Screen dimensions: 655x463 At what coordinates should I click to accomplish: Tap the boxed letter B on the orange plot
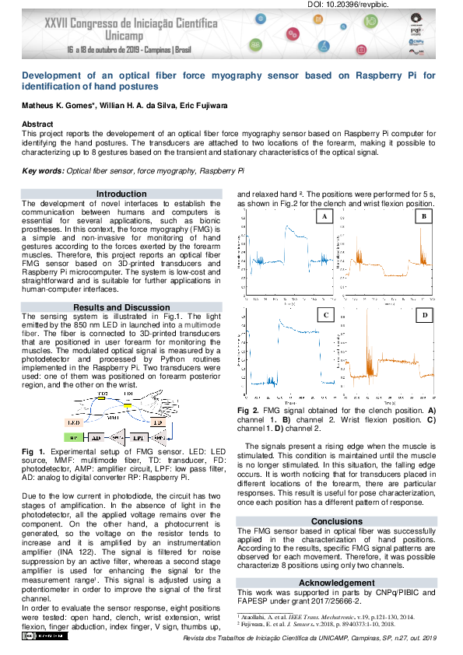point(423,217)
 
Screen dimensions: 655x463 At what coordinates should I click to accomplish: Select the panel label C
point(326,315)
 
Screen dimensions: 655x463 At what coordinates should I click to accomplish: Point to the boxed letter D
point(424,315)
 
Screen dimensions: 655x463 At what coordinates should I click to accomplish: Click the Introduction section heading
point(121,194)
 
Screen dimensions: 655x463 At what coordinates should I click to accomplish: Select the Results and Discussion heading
point(121,307)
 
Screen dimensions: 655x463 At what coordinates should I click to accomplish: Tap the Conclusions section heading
point(337,521)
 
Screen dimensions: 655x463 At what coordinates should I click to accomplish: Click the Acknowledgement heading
point(337,583)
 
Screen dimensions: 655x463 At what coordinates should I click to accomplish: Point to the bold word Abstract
point(37,124)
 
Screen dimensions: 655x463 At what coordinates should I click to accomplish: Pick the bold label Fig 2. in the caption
point(248,409)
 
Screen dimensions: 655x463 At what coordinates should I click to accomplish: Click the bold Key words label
point(43,170)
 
